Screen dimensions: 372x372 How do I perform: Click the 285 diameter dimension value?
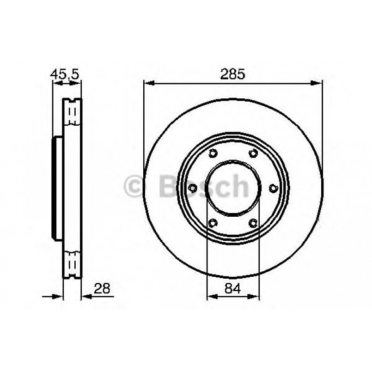coord(233,74)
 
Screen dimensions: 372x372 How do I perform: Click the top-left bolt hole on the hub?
coord(213,153)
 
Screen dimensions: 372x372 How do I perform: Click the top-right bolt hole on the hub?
coord(253,153)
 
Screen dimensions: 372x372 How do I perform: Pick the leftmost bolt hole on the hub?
coord(193,188)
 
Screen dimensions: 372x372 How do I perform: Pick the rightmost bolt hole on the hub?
coord(273,188)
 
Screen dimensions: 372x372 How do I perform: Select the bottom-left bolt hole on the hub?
coord(213,223)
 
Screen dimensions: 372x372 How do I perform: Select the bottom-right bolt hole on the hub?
coord(253,223)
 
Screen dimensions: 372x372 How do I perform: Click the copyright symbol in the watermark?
coord(135,187)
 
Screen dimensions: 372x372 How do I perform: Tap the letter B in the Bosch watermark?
coord(168,186)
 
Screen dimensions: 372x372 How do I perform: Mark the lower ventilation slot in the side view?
coord(72,265)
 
